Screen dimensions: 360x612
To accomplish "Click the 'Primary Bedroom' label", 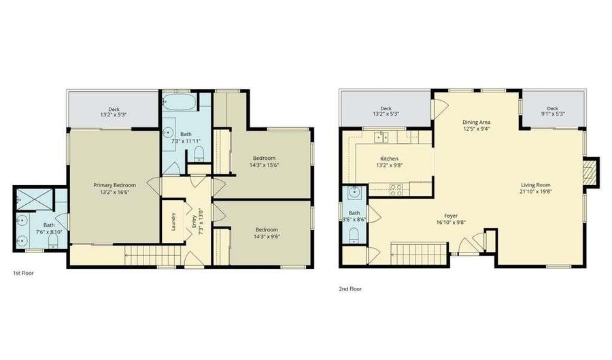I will (x=114, y=185).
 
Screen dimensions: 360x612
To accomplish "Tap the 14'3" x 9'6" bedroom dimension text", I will (x=267, y=238).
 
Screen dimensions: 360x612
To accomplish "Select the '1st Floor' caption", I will (x=24, y=273).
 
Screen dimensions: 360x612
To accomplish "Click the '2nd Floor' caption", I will (x=350, y=289).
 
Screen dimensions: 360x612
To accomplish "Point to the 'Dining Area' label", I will (x=476, y=122).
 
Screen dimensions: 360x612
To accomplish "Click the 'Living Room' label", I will (x=536, y=184).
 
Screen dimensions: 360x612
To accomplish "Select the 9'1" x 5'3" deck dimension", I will (x=552, y=114).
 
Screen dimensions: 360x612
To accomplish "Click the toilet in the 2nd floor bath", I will (x=352, y=235).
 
